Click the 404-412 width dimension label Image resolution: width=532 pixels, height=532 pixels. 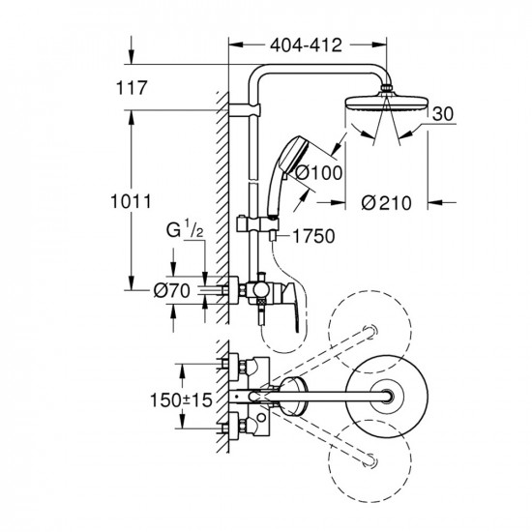306,45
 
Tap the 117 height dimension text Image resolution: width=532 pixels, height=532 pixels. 132,87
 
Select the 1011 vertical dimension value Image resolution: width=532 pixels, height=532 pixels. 131,201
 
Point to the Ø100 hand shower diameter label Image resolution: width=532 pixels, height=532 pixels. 318,173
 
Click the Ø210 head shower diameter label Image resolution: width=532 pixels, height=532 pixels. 386,203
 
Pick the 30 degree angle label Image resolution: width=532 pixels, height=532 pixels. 443,114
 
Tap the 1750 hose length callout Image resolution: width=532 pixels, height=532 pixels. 313,236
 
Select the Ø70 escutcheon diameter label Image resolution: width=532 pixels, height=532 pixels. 171,291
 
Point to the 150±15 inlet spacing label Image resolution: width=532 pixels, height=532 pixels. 181,400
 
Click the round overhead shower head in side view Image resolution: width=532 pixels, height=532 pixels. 387,103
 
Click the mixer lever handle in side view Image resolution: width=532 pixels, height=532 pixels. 291,306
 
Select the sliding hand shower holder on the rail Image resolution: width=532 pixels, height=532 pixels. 258,224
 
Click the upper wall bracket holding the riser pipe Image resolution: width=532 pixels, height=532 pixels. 245,110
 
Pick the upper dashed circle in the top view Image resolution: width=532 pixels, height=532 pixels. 369,332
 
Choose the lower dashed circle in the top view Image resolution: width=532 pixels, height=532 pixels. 369,461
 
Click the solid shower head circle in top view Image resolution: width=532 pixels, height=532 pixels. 387,396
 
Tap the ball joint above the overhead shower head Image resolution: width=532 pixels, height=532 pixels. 387,88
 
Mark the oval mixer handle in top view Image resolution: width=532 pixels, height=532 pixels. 294,397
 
